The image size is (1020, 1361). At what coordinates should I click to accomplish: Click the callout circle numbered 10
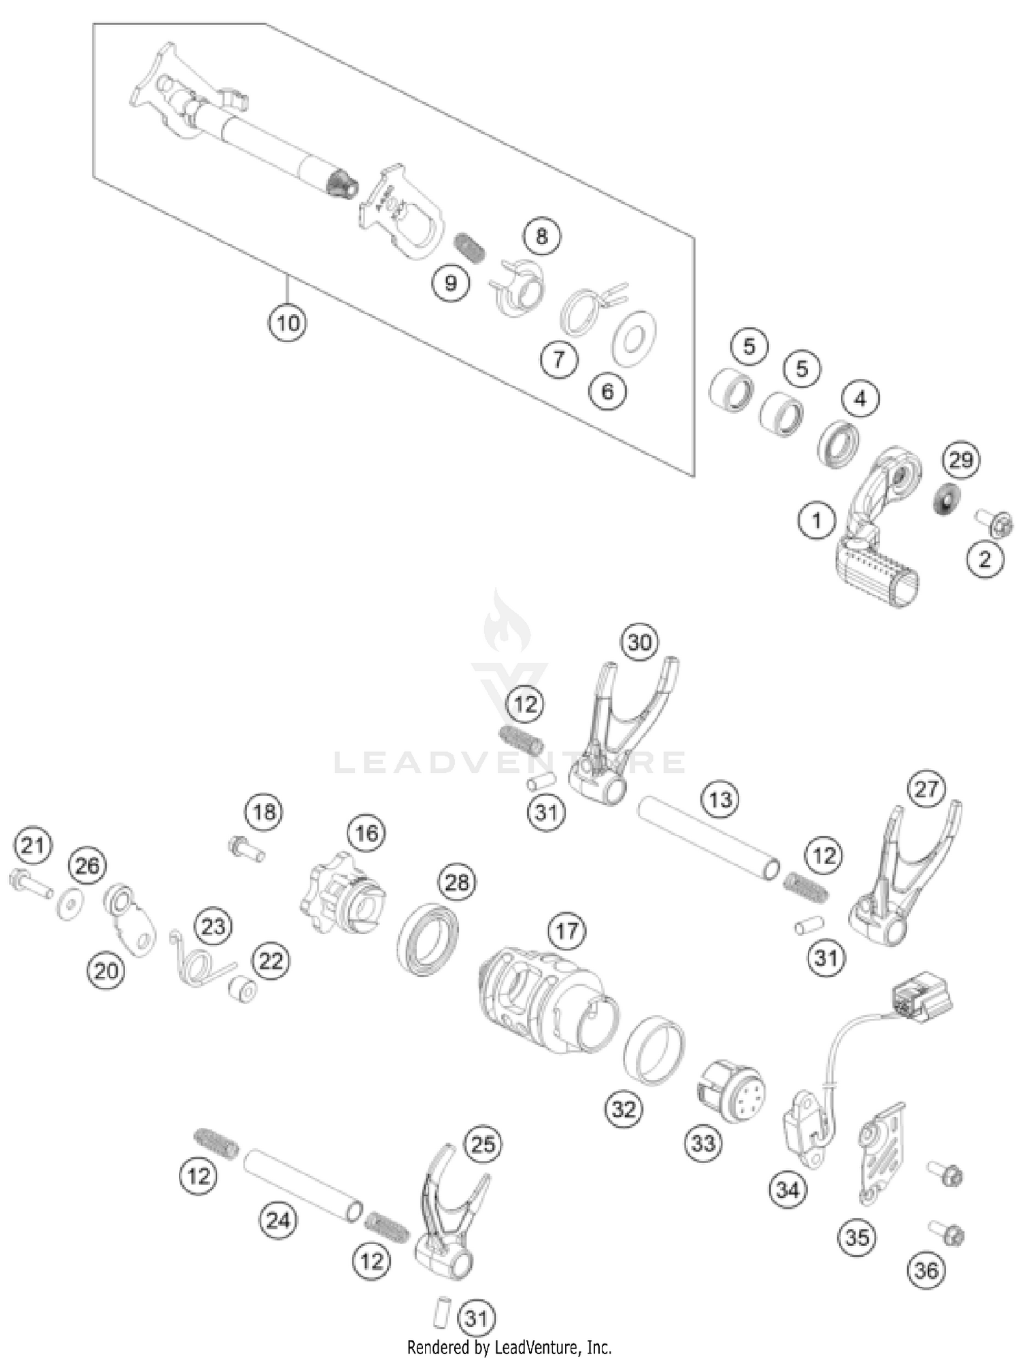click(287, 322)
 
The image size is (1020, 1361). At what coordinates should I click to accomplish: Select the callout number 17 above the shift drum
click(566, 931)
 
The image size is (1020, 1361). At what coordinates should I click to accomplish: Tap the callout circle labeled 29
click(961, 460)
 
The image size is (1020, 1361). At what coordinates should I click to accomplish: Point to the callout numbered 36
click(926, 1269)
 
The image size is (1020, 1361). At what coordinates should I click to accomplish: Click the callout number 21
click(33, 846)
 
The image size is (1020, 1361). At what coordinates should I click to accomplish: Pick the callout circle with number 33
click(703, 1143)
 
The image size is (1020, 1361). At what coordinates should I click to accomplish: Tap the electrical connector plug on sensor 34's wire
click(923, 996)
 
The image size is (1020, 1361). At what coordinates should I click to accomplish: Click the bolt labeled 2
click(996, 523)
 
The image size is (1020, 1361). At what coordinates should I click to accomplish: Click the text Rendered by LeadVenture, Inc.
click(509, 1347)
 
